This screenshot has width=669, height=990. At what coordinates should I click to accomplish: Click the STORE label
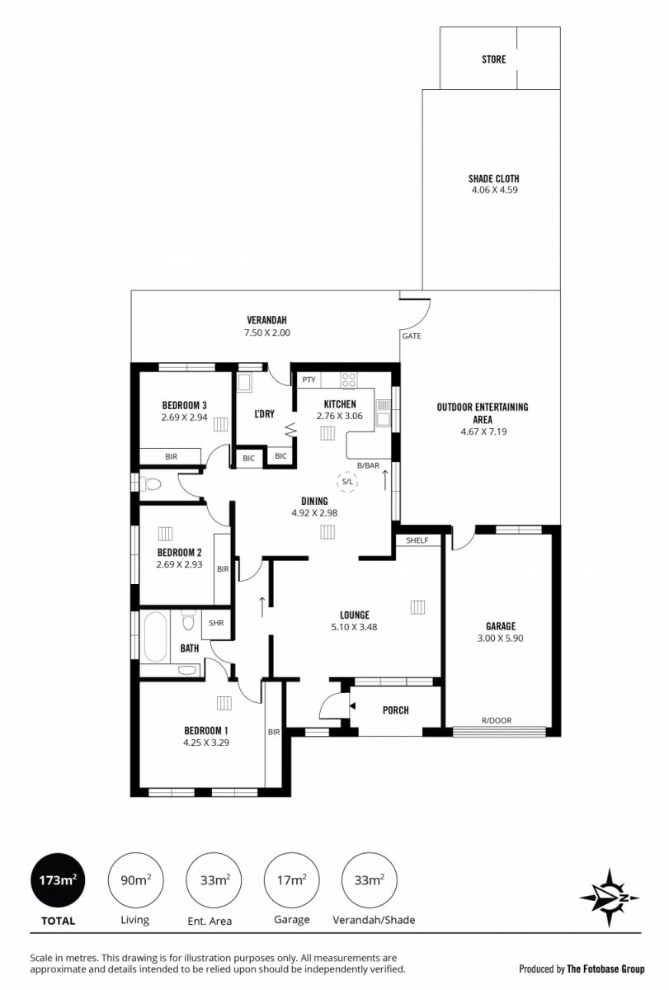493,59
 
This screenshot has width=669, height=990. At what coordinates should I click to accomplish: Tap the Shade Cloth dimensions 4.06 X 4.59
494,190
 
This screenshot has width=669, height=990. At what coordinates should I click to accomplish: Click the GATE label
412,337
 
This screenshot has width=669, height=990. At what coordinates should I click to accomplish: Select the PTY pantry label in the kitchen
309,379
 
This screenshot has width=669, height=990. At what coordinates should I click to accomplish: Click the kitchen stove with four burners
349,380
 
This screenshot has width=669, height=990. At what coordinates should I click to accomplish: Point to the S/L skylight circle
348,481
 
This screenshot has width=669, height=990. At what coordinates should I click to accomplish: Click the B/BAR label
368,465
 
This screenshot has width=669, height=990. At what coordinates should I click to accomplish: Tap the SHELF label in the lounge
417,540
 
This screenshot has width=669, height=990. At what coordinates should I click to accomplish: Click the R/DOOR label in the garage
497,720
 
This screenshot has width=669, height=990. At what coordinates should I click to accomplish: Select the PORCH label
395,710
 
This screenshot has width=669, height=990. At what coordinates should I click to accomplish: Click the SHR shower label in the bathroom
216,623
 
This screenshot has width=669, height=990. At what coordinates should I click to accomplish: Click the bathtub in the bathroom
155,636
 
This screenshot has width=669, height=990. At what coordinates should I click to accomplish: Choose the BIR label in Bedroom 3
171,457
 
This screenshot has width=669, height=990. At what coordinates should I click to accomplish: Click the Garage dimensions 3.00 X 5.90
500,639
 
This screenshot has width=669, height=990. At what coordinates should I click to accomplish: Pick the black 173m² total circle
58,880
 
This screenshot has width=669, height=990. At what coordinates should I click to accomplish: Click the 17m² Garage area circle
292,880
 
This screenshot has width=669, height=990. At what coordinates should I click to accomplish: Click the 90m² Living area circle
135,880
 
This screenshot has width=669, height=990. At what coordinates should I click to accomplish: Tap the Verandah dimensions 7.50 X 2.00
267,332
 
